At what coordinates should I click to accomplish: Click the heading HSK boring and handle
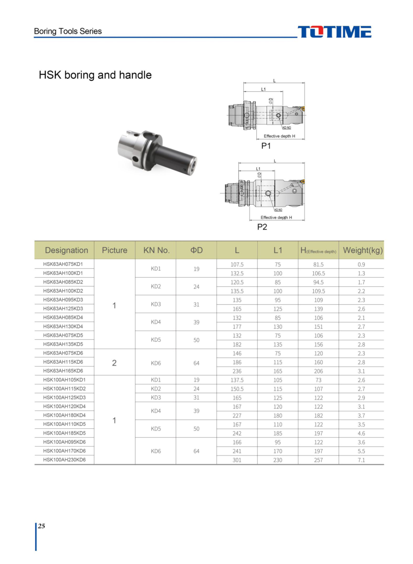tap(95, 75)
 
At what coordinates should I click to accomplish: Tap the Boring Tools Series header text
tap(68, 31)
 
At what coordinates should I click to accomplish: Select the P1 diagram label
tap(266, 146)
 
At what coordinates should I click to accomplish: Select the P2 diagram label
tap(262, 227)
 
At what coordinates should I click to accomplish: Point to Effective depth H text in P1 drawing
tap(280, 136)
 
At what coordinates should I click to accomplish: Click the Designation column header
tap(67, 250)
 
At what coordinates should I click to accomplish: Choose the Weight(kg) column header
tap(363, 250)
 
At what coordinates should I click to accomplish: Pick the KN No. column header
tap(156, 250)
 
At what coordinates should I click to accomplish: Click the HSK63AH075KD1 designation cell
tap(63, 264)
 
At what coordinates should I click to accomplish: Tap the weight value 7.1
tap(361, 460)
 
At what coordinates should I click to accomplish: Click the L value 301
tap(236, 460)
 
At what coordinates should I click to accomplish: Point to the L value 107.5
tap(236, 264)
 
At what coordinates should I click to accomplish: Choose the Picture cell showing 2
tap(114, 363)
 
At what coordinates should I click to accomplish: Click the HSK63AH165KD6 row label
tap(63, 371)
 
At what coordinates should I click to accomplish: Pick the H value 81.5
tap(319, 264)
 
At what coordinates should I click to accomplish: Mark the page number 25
tap(42, 526)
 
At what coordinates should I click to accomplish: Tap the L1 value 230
tap(278, 460)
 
